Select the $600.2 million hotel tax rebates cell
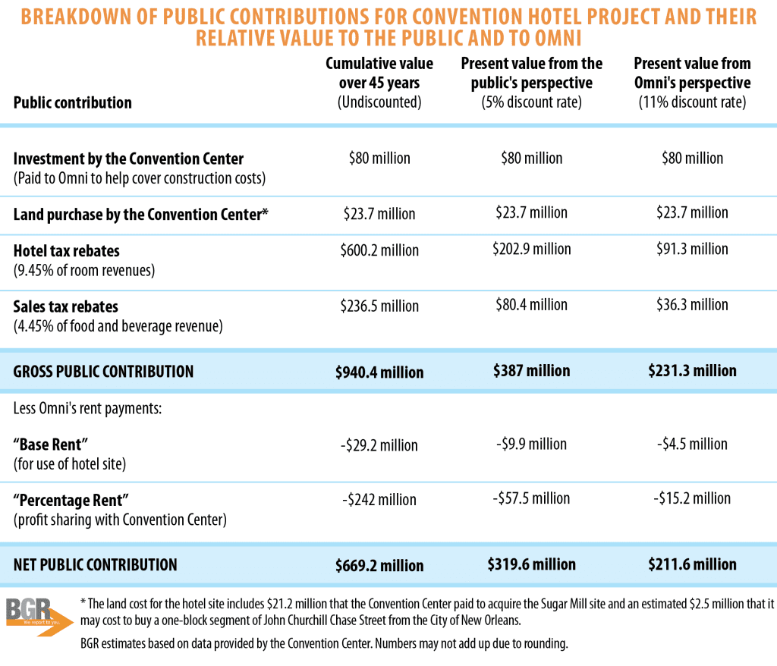(x=379, y=251)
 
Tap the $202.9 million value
(x=532, y=250)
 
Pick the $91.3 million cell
(x=692, y=250)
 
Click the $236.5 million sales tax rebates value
(x=379, y=306)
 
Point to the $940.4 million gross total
(x=379, y=372)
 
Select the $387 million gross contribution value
(x=532, y=371)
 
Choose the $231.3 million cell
(x=692, y=371)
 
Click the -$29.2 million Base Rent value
(x=379, y=445)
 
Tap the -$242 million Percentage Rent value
(x=379, y=500)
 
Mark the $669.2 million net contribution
(x=379, y=566)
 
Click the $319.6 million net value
(x=532, y=564)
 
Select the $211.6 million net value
(x=692, y=564)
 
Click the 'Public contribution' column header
(x=73, y=102)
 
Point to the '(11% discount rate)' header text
(x=692, y=102)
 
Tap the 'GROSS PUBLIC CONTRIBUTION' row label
(x=103, y=372)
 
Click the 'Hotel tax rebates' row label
(x=67, y=251)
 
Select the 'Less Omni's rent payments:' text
(x=90, y=409)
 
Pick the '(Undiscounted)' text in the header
(x=379, y=102)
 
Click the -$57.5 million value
(x=532, y=498)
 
